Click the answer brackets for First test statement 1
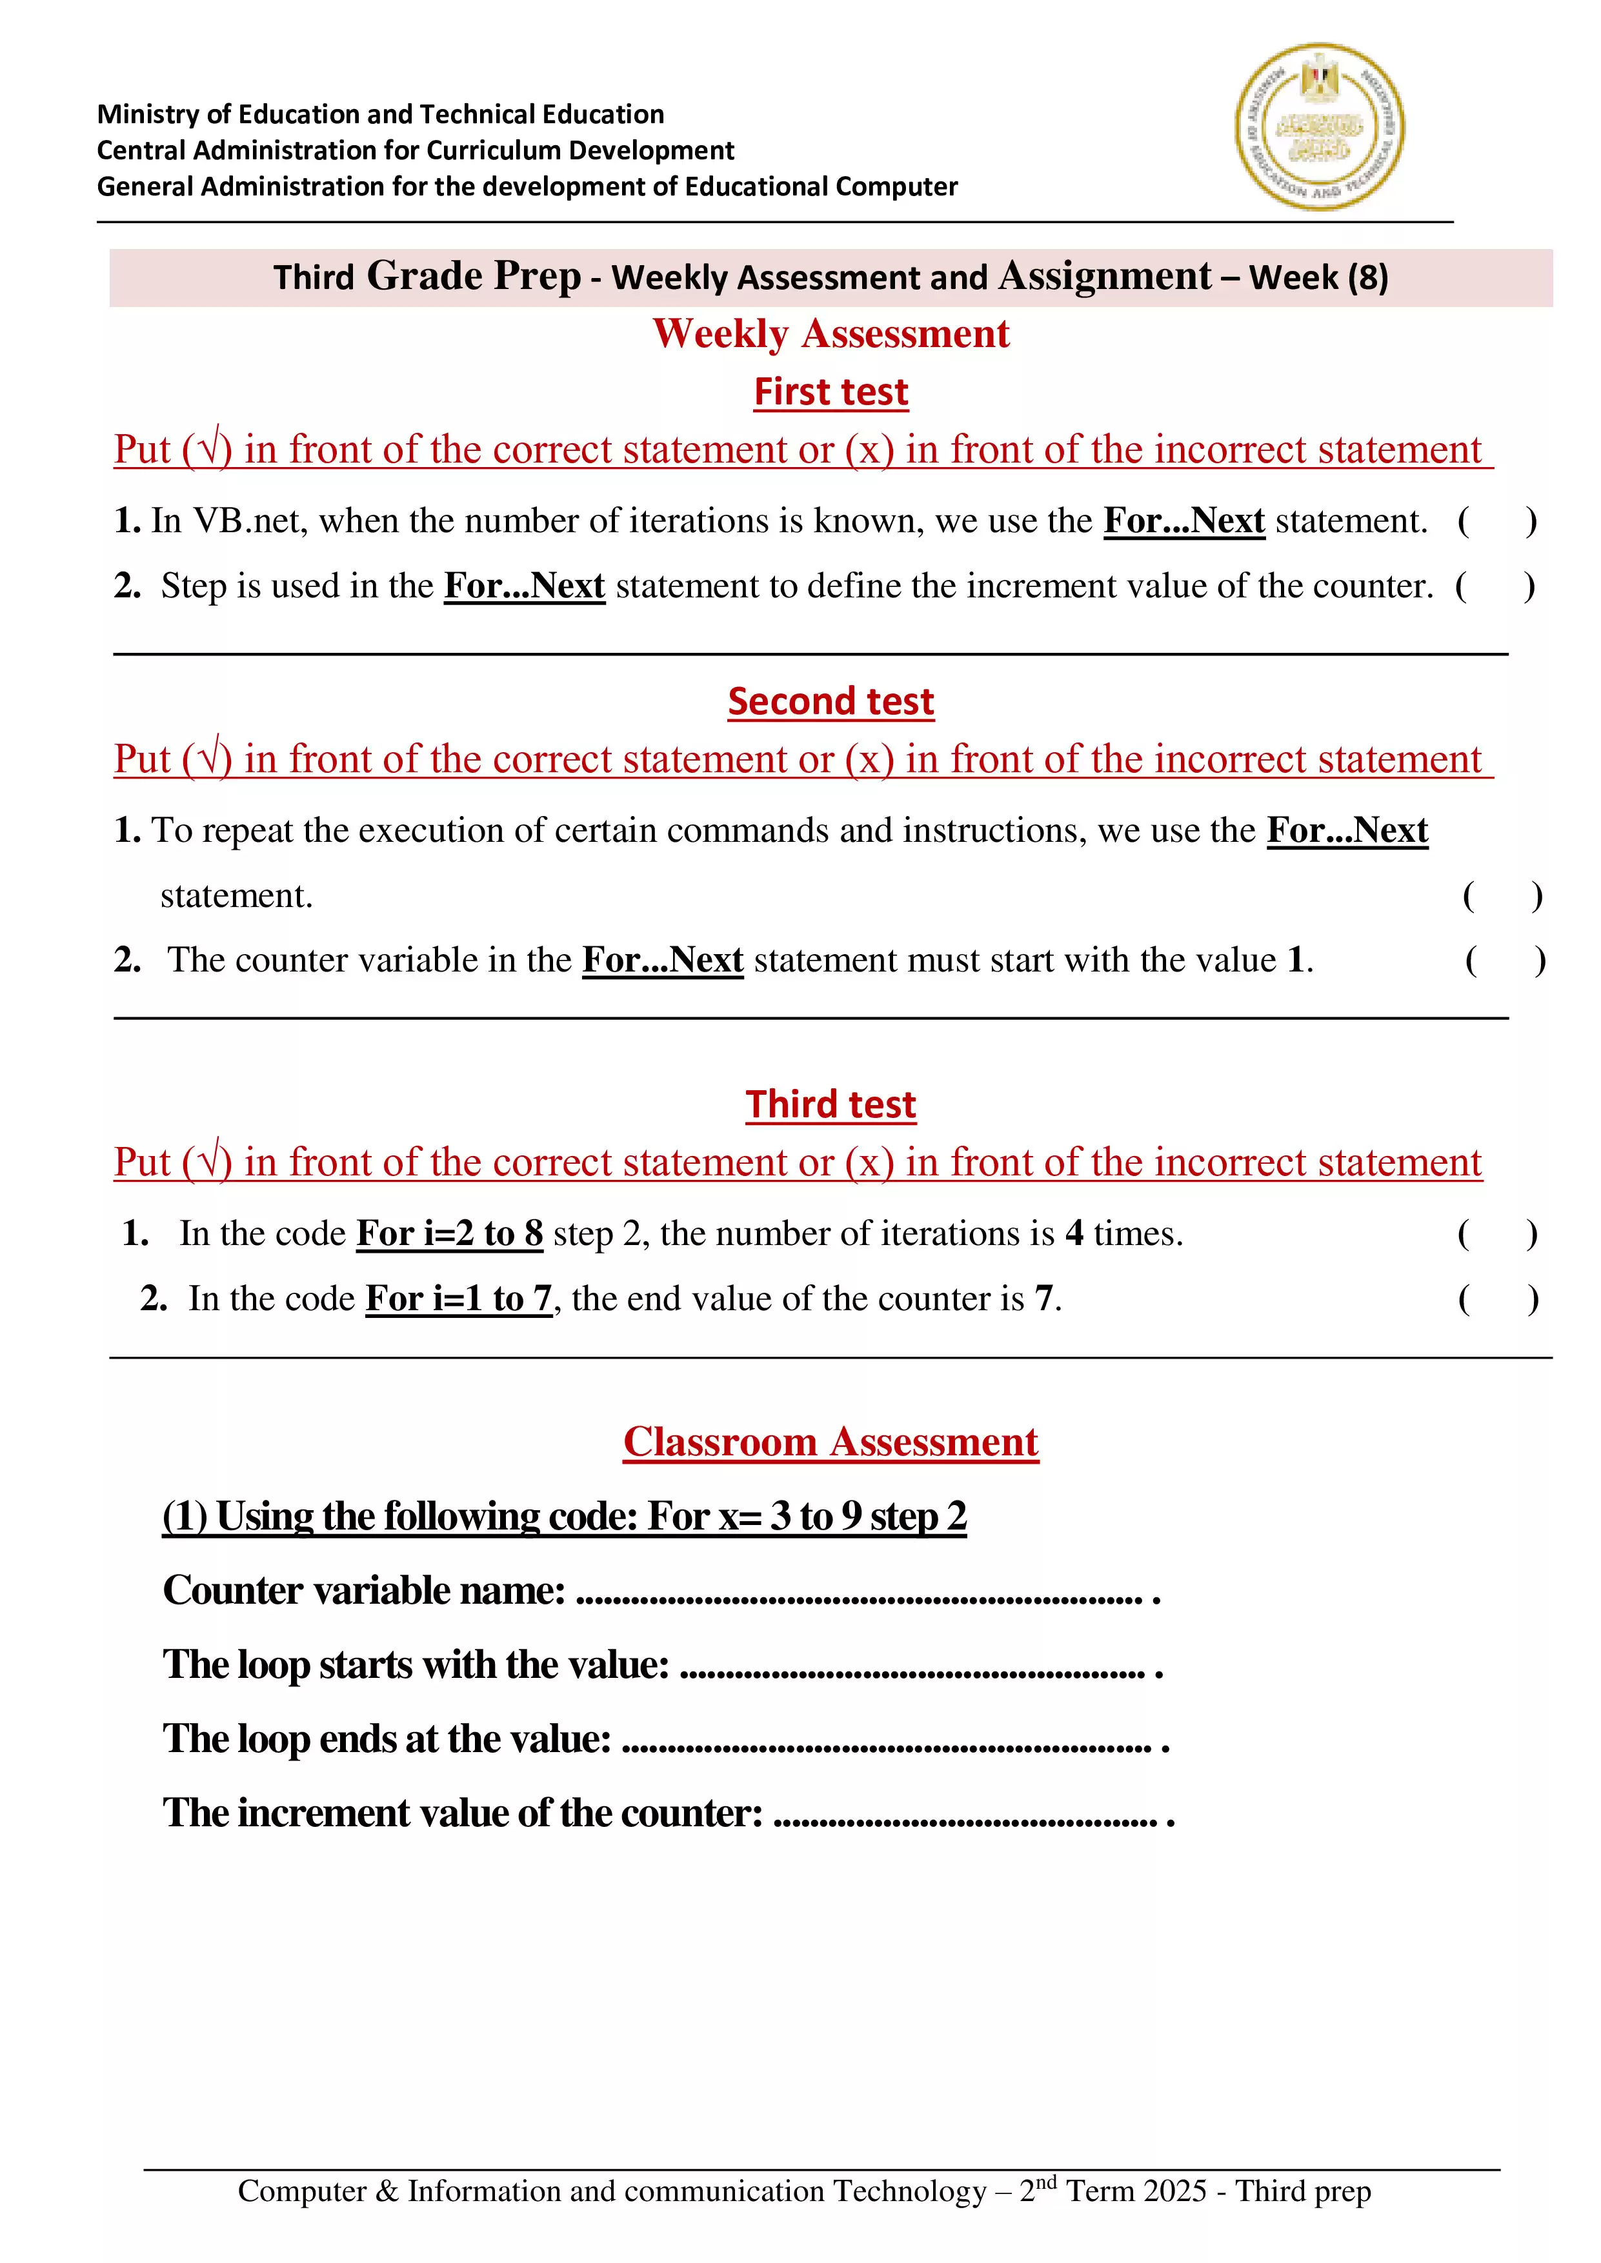tap(1496, 521)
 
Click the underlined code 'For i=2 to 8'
tap(450, 1234)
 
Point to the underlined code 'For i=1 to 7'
tap(458, 1299)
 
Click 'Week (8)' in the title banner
tap(1318, 278)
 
